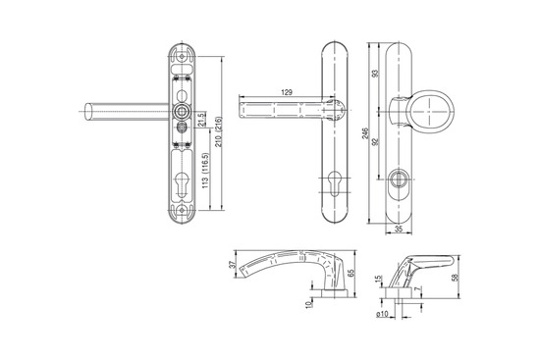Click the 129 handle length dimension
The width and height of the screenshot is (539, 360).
tap(287, 92)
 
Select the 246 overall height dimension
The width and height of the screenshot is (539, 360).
tap(365, 133)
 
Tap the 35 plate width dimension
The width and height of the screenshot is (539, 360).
tap(399, 230)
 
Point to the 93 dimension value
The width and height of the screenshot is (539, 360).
tap(376, 74)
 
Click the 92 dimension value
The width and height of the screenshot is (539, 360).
tap(375, 141)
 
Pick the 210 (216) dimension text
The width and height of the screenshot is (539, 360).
tap(219, 131)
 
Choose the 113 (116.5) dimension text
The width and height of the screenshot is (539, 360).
tap(205, 171)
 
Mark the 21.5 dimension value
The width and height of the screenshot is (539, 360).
tap(202, 119)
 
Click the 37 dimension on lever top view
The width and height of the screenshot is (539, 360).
tap(232, 265)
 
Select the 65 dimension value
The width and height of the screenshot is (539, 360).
tap(350, 273)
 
